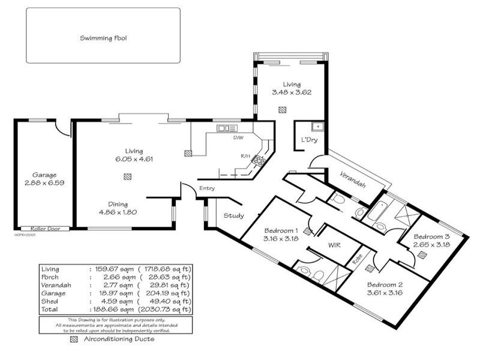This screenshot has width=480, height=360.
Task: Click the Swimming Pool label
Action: click(103, 38)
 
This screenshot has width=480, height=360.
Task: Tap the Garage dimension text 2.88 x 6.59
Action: click(44, 182)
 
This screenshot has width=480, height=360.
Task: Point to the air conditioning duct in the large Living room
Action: click(127, 176)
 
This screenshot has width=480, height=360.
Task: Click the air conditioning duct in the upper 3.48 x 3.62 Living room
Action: click(283, 109)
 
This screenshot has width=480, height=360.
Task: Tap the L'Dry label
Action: click(308, 140)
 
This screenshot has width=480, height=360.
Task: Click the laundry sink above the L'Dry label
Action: click(316, 126)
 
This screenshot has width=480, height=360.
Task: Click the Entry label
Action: click(207, 188)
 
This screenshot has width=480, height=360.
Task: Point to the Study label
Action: click(233, 215)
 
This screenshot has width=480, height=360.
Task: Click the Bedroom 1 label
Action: click(281, 230)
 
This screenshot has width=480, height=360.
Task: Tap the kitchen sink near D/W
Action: click(227, 128)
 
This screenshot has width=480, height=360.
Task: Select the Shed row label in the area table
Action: click(49, 301)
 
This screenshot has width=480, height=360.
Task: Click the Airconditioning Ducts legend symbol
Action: click(74, 339)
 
